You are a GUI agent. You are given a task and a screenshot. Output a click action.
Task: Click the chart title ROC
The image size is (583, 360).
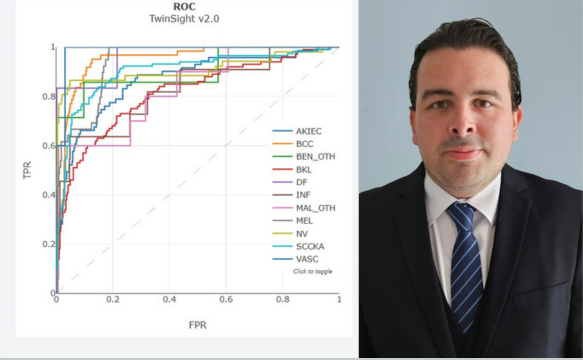184,7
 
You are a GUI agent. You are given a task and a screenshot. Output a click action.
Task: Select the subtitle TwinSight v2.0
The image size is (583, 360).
184,19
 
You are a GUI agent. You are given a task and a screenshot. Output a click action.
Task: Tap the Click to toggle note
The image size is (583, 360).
312,271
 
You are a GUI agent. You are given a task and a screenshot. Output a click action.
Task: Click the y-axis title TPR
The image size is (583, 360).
27,170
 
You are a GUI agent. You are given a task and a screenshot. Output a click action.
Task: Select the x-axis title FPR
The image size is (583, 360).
197,325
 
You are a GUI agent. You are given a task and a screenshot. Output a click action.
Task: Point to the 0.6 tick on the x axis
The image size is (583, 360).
226,299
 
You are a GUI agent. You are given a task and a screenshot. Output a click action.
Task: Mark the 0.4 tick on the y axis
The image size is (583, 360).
48,195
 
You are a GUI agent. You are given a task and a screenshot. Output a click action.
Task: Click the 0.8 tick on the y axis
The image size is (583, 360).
48,97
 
